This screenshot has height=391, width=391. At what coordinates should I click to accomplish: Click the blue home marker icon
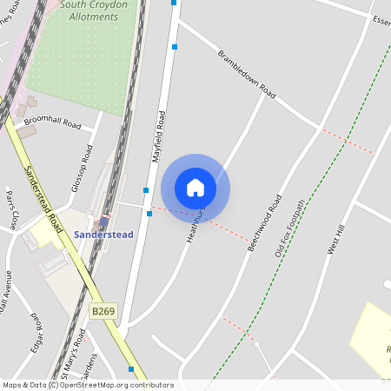[x=195, y=187]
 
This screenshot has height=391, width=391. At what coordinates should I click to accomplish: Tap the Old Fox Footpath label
[x=290, y=228]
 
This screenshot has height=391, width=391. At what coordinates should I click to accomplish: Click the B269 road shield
[x=103, y=310]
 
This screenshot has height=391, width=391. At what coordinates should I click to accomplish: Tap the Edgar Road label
[x=36, y=330]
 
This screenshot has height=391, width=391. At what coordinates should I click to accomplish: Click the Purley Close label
[x=12, y=209]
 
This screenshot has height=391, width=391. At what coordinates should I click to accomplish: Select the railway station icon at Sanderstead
[x=104, y=222]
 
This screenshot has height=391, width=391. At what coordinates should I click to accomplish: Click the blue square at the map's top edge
[x=174, y=3]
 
